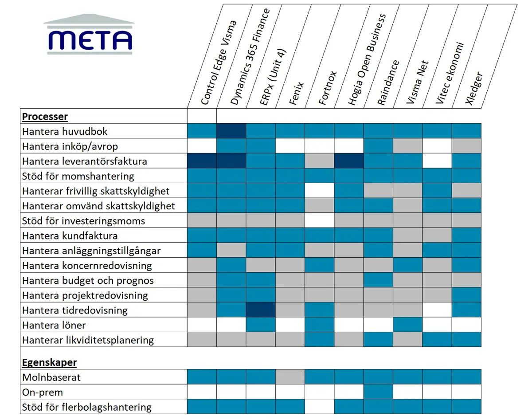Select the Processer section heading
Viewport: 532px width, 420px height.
click(45, 117)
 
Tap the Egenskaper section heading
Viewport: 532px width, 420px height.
click(49, 362)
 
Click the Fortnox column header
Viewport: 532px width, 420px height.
click(328, 88)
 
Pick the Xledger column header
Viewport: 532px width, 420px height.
click(474, 88)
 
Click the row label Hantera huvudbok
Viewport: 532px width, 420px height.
click(65, 131)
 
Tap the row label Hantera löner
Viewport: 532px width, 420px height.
click(54, 325)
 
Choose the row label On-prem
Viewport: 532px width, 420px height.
click(43, 392)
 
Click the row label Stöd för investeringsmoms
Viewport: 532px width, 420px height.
click(83, 221)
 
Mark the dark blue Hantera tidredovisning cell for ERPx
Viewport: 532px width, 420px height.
click(261, 310)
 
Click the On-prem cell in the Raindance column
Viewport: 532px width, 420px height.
click(378, 392)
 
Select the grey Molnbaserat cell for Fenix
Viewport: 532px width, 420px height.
click(290, 377)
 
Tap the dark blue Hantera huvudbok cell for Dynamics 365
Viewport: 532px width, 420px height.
click(231, 131)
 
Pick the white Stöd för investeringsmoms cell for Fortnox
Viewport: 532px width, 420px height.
click(319, 221)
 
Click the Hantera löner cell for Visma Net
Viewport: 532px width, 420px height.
click(407, 325)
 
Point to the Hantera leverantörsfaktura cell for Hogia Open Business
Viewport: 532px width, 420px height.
click(348, 161)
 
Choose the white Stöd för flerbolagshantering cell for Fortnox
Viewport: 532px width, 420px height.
click(319, 407)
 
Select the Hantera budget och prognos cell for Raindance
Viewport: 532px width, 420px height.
click(378, 280)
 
